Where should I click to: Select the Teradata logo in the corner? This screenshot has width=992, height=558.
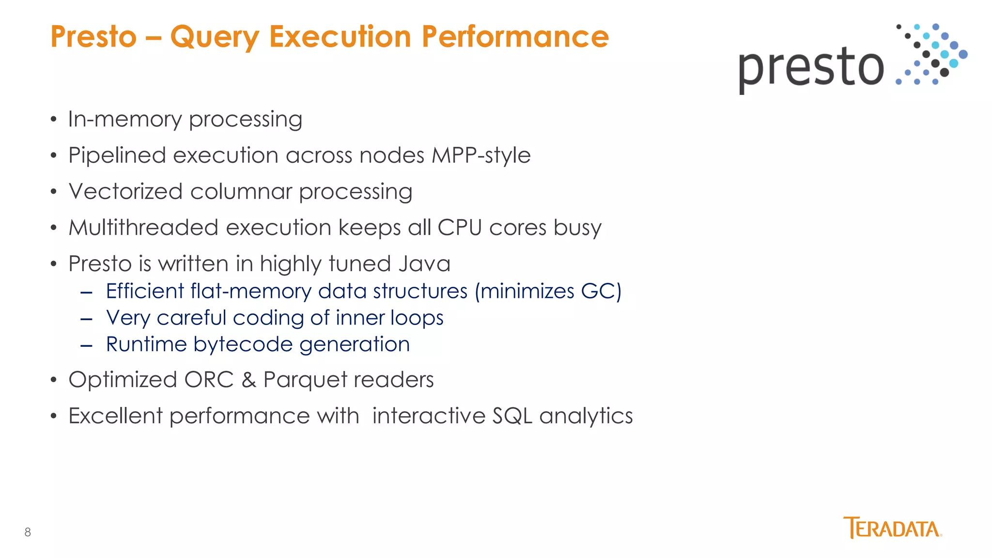coord(892,528)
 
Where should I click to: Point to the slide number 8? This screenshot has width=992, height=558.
coord(28,532)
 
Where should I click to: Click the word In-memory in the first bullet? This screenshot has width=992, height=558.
coord(124,119)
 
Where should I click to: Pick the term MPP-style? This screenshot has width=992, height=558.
coord(480,156)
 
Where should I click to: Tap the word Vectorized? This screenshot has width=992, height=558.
coord(125,191)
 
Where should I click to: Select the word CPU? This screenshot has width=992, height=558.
coord(459,228)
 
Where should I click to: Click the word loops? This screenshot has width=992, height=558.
coord(417,318)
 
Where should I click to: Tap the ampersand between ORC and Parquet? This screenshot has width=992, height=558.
coord(248,380)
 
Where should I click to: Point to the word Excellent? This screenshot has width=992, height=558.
coord(115,416)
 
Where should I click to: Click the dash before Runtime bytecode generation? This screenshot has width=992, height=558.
coord(86,346)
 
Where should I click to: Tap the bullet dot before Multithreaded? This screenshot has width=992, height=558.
coord(54,228)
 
